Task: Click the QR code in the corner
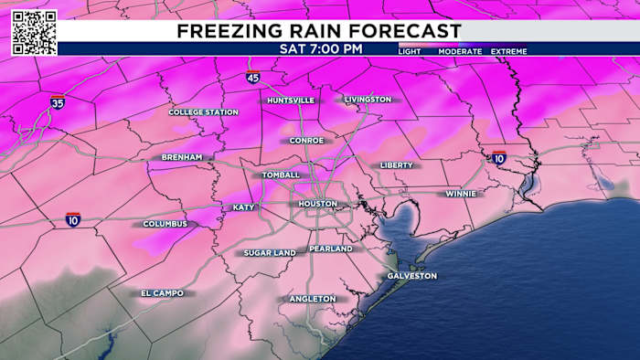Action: click(x=34, y=32)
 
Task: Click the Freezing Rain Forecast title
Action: click(x=319, y=31)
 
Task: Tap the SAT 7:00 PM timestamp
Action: click(x=319, y=49)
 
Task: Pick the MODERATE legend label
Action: click(x=460, y=52)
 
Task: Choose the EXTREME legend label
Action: click(x=509, y=52)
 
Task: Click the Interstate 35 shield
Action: click(x=58, y=102)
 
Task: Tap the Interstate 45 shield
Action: click(x=252, y=78)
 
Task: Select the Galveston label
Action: click(x=412, y=276)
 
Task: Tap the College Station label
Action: click(x=202, y=112)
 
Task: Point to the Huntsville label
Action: click(x=290, y=100)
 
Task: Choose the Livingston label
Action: click(x=368, y=99)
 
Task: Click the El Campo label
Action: click(x=162, y=293)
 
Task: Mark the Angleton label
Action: click(x=313, y=299)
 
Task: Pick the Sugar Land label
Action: click(x=270, y=252)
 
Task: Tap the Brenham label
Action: click(x=181, y=157)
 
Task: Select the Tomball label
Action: click(x=280, y=175)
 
